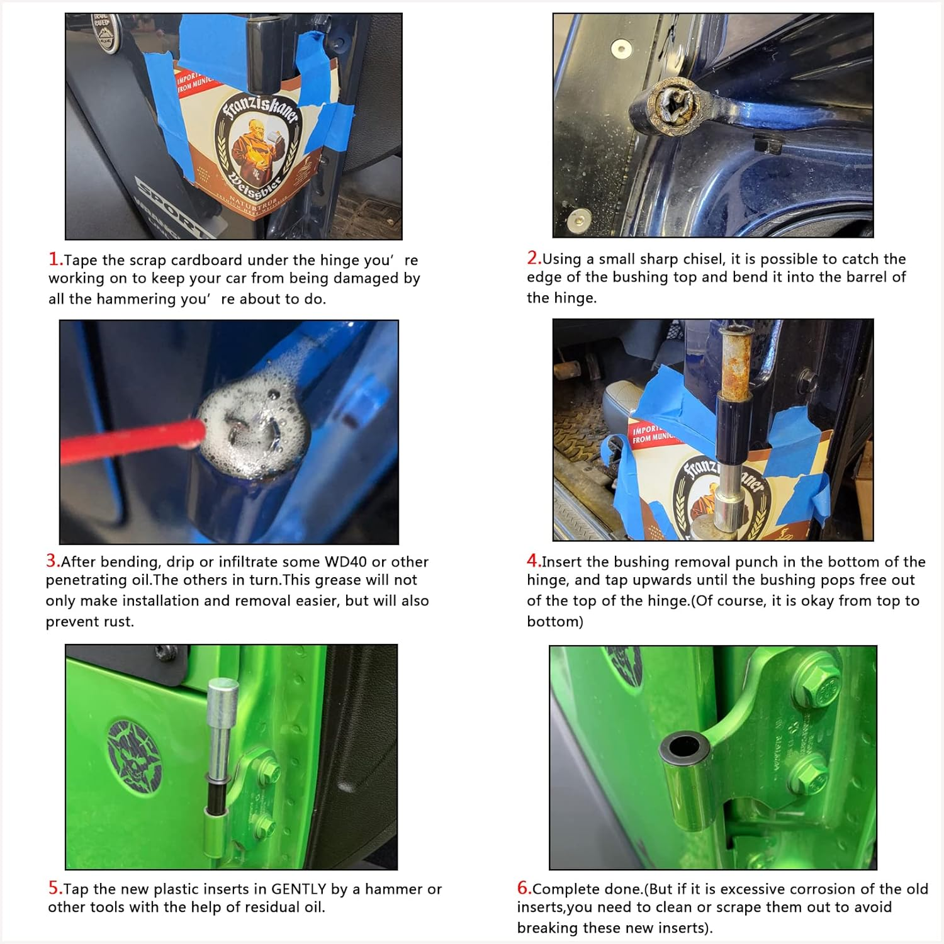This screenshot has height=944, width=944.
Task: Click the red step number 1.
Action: coord(55,259)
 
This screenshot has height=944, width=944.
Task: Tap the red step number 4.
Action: coord(534,560)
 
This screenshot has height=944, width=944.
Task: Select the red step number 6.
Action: coord(524,887)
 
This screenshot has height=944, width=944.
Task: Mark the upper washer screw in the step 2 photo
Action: coord(621,48)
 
